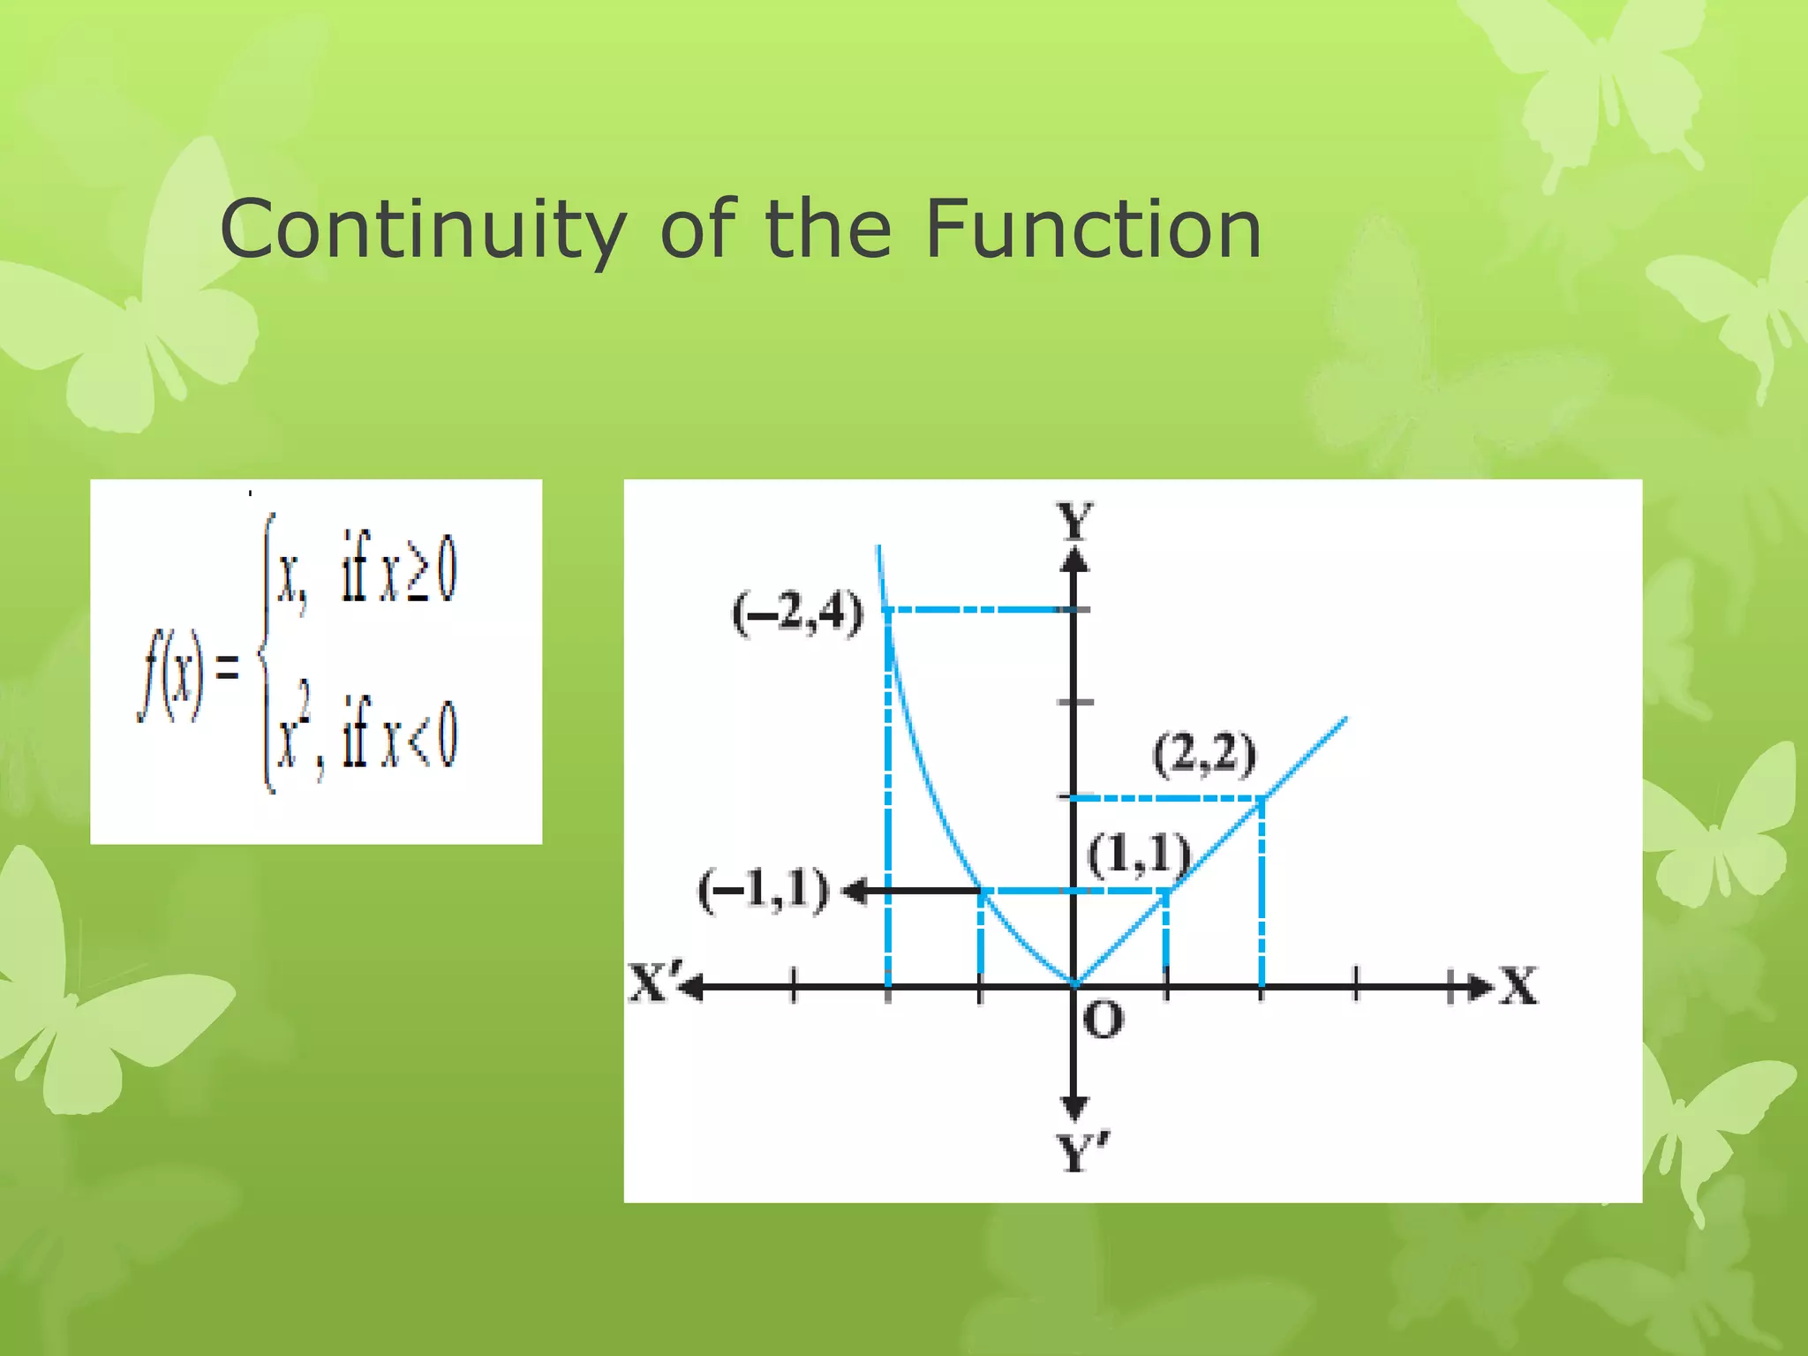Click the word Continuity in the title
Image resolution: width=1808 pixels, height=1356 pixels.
422,230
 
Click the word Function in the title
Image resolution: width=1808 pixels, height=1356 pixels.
1093,230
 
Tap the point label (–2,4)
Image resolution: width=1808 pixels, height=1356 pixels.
797,612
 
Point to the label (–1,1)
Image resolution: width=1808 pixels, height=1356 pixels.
764,889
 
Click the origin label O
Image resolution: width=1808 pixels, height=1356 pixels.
1103,1020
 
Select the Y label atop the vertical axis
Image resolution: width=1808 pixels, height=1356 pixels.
1075,521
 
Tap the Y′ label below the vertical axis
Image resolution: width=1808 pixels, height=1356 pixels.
1082,1153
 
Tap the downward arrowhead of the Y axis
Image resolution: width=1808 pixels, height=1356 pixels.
1074,1109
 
